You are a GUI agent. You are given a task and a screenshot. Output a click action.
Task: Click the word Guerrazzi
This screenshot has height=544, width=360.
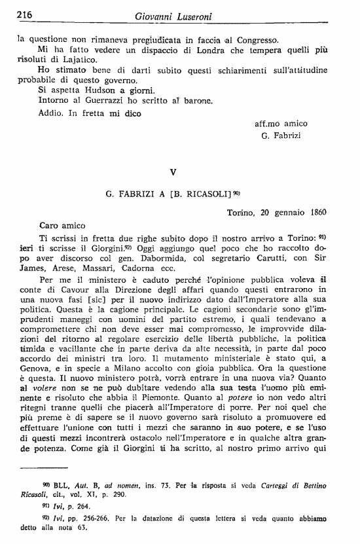(x=99, y=100)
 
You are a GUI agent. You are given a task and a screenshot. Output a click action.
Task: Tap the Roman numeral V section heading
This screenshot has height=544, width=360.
(x=173, y=172)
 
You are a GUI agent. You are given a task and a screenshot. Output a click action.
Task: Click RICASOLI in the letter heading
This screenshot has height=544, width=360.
(x=206, y=193)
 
